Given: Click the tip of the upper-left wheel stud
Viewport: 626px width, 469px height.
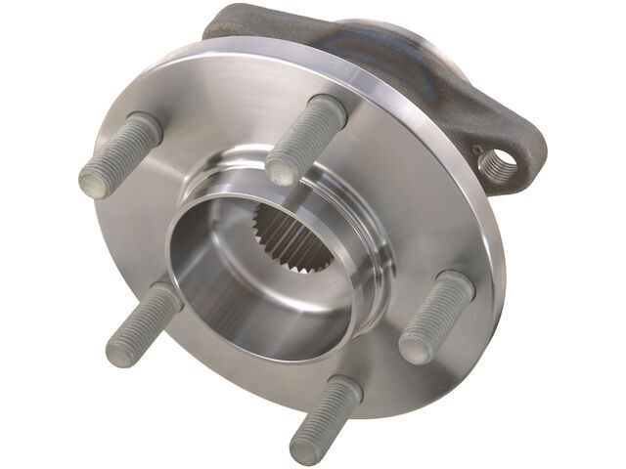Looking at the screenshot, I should pyautogui.click(x=94, y=181).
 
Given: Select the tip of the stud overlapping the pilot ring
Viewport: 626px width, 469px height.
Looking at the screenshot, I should pyautogui.click(x=282, y=172).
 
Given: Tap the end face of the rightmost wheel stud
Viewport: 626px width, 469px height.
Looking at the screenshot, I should pyautogui.click(x=415, y=348).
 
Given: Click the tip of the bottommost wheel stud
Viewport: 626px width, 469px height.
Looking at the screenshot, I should pyautogui.click(x=306, y=445).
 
